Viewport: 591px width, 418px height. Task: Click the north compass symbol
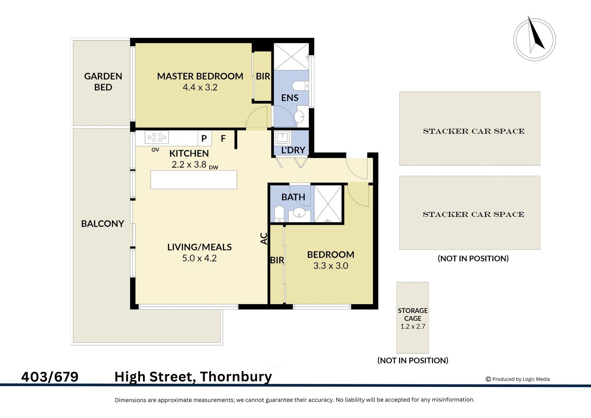[534, 39]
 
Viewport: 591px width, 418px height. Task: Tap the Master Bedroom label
[200, 76]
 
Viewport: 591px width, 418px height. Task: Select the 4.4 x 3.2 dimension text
[200, 87]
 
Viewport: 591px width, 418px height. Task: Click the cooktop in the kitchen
[156, 137]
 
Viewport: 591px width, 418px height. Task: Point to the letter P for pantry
[204, 139]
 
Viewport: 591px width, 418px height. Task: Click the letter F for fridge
[223, 139]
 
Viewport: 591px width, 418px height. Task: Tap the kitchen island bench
[194, 180]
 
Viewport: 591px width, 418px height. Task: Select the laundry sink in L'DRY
[282, 137]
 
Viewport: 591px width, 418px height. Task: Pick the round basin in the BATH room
[299, 212]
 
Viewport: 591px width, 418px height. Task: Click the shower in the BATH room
[328, 203]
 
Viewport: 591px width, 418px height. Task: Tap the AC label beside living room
[264, 238]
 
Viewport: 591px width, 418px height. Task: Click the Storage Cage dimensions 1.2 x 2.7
[412, 327]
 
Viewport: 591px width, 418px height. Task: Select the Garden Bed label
[103, 82]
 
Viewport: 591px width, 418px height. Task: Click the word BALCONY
[103, 224]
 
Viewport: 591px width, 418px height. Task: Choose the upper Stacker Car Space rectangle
[470, 128]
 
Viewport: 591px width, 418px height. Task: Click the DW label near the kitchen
[213, 168]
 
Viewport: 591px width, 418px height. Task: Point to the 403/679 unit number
[50, 377]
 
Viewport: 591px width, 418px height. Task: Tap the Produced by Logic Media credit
[518, 379]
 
